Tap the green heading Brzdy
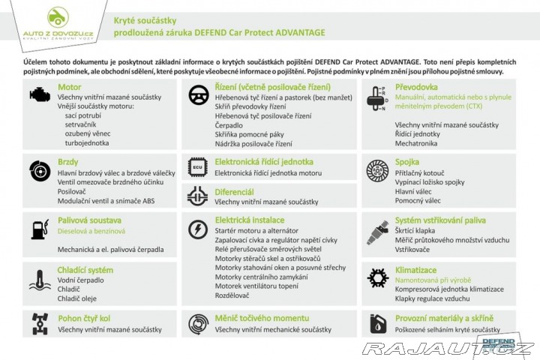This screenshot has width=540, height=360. point(68,161)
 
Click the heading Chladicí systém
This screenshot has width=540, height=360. point(85,269)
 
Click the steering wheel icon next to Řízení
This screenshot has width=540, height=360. point(197,94)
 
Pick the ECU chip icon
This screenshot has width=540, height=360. point(197,166)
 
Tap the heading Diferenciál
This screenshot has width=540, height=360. point(234,192)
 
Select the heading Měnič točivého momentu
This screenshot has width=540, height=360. point(260,318)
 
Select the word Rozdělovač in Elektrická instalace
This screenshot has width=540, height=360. point(233,295)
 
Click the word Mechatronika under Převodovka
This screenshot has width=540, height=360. point(417,142)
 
